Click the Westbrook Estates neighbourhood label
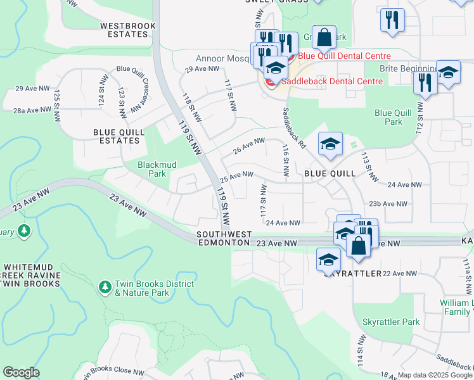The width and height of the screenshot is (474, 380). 127,30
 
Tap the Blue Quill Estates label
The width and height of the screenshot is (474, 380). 118,136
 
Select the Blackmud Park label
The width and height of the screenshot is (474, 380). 152,169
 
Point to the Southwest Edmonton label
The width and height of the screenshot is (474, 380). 224,239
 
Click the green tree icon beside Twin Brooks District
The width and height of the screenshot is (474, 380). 105,288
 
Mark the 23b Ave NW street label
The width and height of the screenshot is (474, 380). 388,203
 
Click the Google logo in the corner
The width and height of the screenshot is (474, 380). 21,372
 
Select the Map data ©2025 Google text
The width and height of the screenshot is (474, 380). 434,375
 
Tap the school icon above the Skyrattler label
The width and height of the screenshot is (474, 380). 328,260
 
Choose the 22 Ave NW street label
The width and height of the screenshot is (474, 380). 400,273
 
